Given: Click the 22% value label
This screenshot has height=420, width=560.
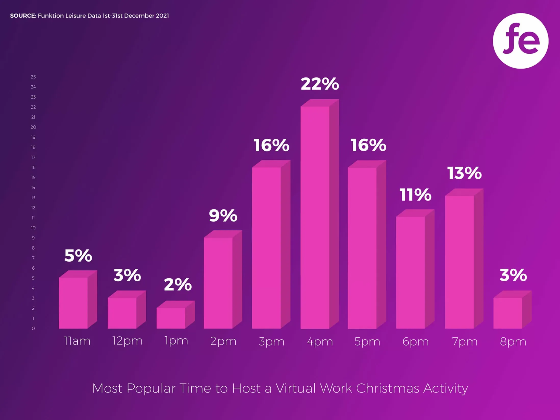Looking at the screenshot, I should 320,84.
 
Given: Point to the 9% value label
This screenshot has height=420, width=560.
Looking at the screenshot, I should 223,216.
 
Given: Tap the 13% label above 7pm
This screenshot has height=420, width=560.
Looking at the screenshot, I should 464,173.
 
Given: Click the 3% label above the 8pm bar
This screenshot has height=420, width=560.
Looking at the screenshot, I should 513,275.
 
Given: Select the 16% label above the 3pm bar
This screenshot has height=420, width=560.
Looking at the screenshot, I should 271,146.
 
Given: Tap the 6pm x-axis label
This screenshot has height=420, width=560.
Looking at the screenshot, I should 416,342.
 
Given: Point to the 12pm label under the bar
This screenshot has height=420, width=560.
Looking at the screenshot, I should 127,341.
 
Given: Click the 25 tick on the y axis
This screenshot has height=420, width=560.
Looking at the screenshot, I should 33,77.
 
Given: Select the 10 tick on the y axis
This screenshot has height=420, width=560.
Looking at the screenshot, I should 33,228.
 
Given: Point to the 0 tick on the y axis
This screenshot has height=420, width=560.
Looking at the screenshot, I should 33,329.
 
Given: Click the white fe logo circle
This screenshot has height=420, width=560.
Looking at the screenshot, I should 521,41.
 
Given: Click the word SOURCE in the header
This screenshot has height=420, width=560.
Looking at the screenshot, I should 23,16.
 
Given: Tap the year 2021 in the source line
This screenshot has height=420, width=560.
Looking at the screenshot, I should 162,16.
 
